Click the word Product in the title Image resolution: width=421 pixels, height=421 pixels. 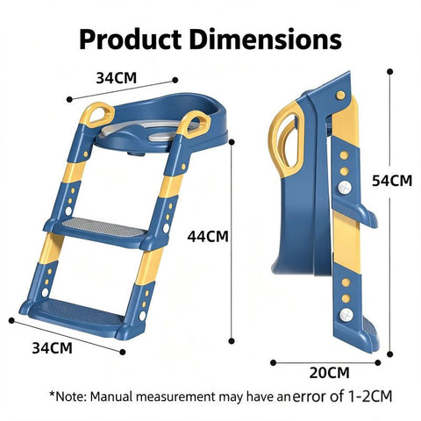point(131,39)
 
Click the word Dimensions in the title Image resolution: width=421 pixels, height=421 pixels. point(266,39)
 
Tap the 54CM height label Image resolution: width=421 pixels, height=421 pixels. point(392,181)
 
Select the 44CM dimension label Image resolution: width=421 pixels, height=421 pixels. point(208,236)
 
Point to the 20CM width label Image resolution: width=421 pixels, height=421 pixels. point(330,373)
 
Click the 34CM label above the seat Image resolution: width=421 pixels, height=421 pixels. point(117,78)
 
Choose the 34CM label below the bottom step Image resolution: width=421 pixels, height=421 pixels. point(52,348)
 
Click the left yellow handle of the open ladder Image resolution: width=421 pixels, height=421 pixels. point(97,115)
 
